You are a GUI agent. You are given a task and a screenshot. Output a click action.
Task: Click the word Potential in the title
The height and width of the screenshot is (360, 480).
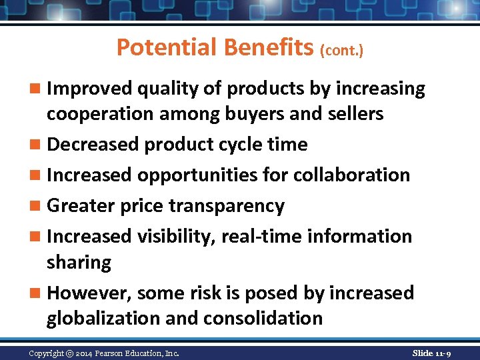pyautogui.click(x=167, y=47)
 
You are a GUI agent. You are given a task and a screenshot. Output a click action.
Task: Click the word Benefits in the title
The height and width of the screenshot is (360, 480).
pyautogui.click(x=270, y=47)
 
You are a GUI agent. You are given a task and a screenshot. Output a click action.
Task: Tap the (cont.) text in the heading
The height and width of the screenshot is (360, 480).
pyautogui.click(x=342, y=51)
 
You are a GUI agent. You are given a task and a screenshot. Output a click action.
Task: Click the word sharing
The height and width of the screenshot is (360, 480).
pyautogui.click(x=79, y=263)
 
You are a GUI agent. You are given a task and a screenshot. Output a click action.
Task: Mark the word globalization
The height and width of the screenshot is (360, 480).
pyautogui.click(x=103, y=319)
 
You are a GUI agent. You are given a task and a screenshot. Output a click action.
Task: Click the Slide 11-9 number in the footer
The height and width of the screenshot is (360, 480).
pyautogui.click(x=431, y=353)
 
